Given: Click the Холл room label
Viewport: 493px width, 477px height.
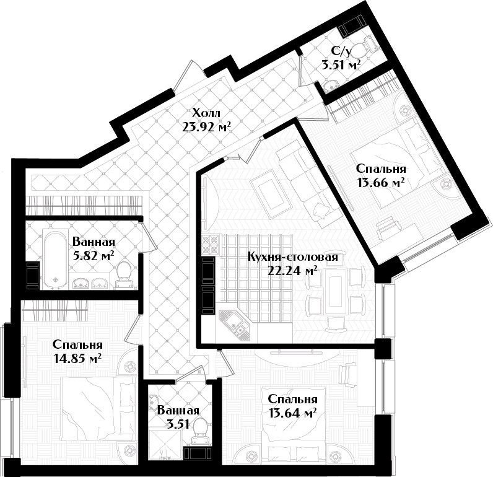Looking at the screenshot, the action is (x=206, y=113).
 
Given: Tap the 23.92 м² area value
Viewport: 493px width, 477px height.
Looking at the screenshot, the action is (x=206, y=127).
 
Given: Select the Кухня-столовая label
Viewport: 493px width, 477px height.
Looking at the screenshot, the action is (x=293, y=257).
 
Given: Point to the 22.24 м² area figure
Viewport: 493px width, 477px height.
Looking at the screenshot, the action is (x=292, y=271).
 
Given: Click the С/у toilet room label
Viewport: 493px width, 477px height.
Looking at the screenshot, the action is (x=341, y=51).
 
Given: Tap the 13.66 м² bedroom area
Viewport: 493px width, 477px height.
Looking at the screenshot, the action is (x=380, y=182).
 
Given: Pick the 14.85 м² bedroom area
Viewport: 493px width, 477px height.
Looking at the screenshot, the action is (x=77, y=358).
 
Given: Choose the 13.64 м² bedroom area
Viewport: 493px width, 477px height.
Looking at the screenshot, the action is (x=292, y=413).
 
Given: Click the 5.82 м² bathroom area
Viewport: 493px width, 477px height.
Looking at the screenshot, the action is (x=94, y=256).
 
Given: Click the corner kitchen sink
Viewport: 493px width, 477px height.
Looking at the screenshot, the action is (x=235, y=325).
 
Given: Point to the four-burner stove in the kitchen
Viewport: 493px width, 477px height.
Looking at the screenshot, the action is (x=210, y=245).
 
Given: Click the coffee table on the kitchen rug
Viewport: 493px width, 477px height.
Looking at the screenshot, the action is (x=268, y=193).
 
